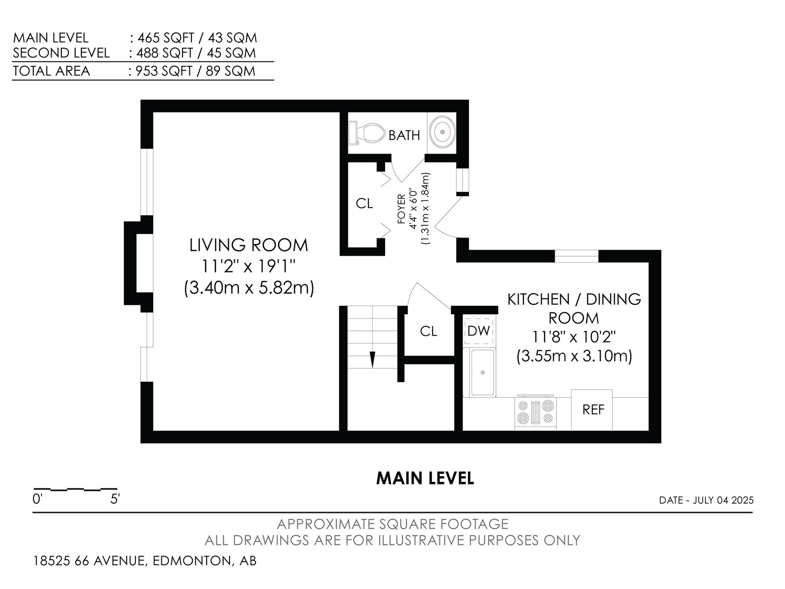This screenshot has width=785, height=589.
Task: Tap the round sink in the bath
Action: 443,132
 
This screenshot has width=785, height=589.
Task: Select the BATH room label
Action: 404,135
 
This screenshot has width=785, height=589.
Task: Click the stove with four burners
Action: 535,412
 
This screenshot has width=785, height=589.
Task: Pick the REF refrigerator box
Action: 592,410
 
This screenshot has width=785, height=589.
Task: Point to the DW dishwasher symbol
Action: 478,331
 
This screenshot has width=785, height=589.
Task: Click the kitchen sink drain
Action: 482,373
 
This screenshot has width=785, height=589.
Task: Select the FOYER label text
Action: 402,209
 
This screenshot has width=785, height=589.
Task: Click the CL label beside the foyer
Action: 364,204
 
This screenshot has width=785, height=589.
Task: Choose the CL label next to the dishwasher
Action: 428,331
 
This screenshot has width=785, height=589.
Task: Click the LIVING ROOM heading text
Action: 249,245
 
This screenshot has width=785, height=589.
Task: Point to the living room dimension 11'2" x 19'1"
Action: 249,266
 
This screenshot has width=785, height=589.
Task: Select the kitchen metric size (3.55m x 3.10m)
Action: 574,356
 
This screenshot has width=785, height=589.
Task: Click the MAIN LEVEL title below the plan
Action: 425,478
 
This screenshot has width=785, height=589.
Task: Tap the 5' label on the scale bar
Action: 115,499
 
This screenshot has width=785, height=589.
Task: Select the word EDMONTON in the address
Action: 192,561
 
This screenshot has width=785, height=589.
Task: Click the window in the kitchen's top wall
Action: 576,256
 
